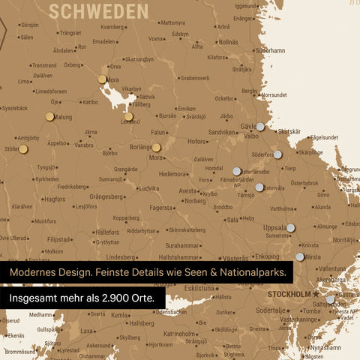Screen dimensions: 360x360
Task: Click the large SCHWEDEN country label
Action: [97, 10]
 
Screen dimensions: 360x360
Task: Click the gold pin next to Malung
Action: [49, 116]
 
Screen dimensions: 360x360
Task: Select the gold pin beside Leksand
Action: [129, 116]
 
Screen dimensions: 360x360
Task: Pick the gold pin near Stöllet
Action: [23, 149]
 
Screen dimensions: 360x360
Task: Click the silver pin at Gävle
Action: [260, 127]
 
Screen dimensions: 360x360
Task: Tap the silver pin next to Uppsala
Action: [290, 227]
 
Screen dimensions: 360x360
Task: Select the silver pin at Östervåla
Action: [259, 187]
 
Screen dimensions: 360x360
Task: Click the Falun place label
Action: [157, 132]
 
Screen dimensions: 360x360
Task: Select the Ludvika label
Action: [149, 189]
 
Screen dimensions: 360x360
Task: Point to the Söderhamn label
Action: [270, 51]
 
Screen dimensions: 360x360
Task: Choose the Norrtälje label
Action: [345, 240]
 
